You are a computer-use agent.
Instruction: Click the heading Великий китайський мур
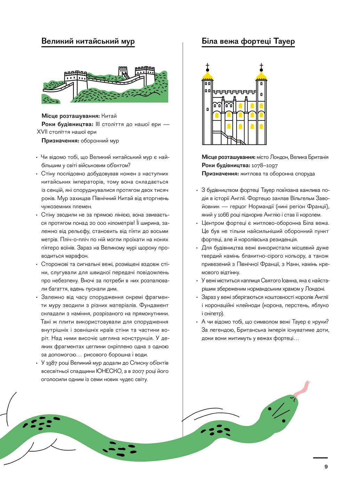tap(88, 41)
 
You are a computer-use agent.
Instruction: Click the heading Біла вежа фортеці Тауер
tap(248, 41)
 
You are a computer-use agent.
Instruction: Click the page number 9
tap(326, 467)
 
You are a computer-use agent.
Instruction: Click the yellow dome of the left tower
tap(208, 75)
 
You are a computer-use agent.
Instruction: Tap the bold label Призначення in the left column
tap(60, 141)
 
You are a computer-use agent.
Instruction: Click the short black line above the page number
tap(320, 458)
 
